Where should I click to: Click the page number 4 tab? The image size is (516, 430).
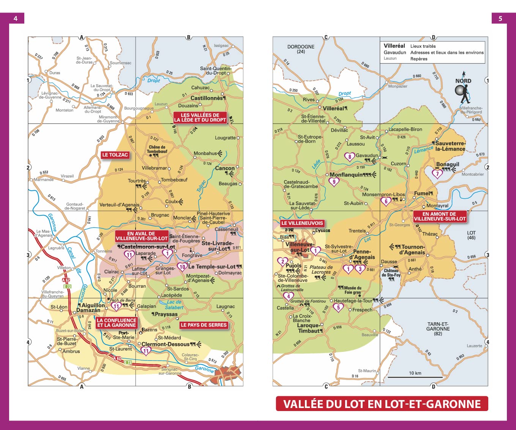(15, 18)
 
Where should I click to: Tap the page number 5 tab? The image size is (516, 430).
(500, 18)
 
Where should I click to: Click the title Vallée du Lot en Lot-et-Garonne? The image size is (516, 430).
(382, 404)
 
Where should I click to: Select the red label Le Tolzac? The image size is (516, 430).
(115, 155)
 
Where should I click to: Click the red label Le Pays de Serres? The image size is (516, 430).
(204, 325)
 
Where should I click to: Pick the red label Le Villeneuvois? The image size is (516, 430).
(302, 223)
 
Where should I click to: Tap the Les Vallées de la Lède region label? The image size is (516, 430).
(200, 118)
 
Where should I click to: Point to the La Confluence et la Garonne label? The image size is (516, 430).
(116, 323)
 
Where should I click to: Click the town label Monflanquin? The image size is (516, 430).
(346, 175)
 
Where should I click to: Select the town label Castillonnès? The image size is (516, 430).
(207, 98)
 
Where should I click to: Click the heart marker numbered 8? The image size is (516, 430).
(349, 156)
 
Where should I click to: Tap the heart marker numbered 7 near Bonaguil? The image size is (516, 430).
(437, 174)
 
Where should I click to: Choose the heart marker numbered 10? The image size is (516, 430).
(182, 267)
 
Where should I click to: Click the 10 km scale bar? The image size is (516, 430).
(415, 377)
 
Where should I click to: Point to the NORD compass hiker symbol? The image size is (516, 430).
(463, 92)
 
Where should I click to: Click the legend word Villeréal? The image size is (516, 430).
(394, 46)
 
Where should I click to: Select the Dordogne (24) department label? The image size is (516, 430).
(301, 49)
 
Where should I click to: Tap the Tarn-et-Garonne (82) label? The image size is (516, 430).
(438, 329)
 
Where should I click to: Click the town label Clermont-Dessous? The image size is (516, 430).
(165, 344)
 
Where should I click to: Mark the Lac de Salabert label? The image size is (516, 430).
(174, 305)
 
